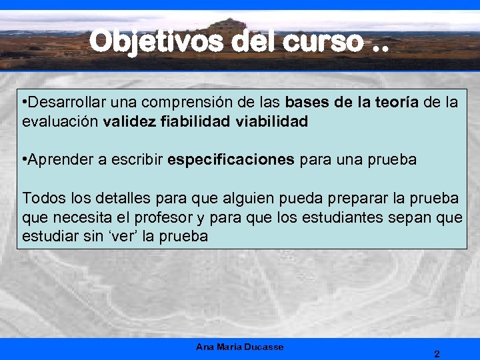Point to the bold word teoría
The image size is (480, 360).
392,103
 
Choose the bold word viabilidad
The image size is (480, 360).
271,122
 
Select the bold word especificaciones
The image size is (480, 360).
231,160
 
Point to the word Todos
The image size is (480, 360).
40,198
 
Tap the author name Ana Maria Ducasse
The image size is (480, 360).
239,347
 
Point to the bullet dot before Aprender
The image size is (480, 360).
25,160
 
